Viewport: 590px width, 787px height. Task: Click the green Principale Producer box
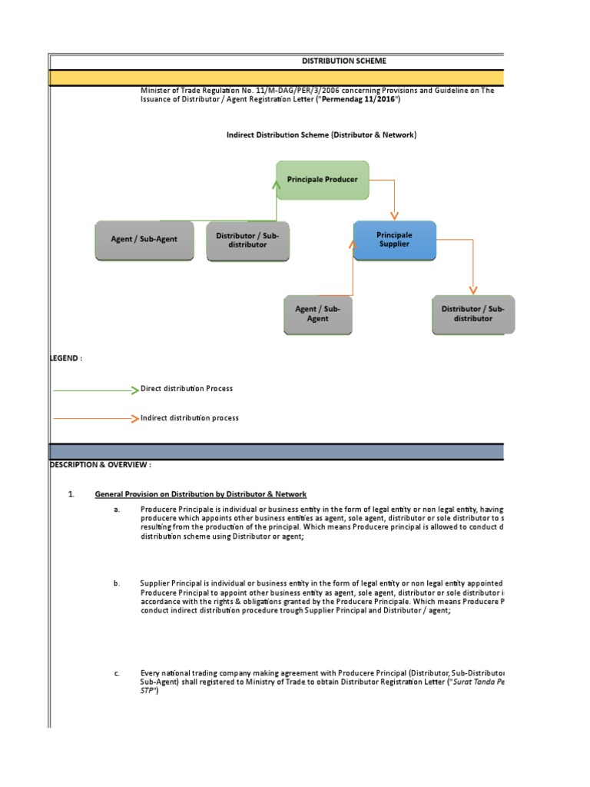point(322,179)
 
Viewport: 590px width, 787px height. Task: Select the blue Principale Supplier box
point(394,239)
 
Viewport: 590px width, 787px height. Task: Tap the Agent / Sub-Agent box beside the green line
point(144,240)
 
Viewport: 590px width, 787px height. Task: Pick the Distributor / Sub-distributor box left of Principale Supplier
point(247,240)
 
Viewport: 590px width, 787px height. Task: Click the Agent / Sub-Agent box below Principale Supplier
point(317,314)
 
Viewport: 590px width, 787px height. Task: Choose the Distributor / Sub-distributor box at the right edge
point(472,314)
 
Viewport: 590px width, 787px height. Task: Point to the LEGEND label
point(66,359)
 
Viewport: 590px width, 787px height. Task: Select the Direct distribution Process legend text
point(187,389)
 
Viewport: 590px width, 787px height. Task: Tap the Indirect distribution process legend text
point(190,418)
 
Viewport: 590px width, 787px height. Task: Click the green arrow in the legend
point(96,390)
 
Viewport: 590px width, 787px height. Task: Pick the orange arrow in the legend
point(96,418)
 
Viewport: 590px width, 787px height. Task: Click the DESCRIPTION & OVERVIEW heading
point(101,465)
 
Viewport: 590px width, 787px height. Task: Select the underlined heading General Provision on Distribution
point(201,493)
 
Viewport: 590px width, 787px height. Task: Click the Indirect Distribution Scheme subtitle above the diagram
point(321,135)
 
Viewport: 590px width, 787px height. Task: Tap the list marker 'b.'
point(117,584)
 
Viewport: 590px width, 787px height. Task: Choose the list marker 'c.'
point(117,673)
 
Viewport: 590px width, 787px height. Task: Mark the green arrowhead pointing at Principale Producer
point(276,184)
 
